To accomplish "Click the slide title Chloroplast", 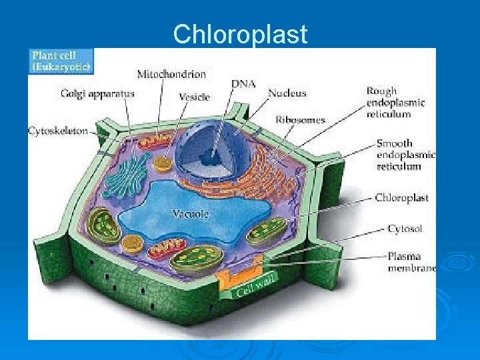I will pos(240,33).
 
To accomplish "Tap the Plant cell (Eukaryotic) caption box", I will pos(61,61).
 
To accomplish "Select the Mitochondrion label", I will pos(171,73).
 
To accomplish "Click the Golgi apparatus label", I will pos(98,94).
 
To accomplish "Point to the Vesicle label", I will pos(195,97).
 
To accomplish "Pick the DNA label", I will pos(243,84).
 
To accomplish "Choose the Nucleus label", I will pos(287,93).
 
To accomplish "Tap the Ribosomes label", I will pos(300,120).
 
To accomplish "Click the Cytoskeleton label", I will pos(58,131).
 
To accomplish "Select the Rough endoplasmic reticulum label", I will pos(395,102).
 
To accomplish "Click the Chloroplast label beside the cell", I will pos(401,198).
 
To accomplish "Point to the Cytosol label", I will pos(405,229).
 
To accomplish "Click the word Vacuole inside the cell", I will pos(191,214).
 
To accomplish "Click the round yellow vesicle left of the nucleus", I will pos(162,162).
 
